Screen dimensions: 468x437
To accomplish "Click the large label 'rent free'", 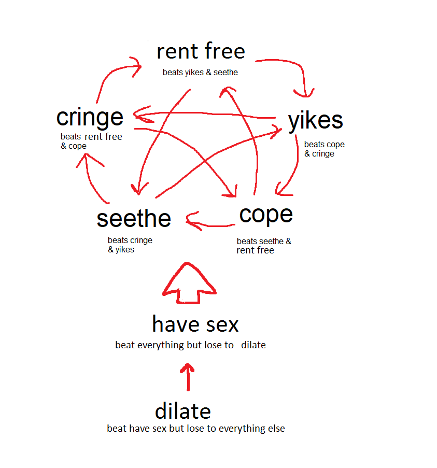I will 201,52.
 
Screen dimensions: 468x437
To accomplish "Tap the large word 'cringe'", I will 90,118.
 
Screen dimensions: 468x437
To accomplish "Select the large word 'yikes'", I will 315,121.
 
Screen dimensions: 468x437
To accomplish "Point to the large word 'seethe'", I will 134,218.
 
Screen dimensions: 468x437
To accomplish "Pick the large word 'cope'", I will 266,214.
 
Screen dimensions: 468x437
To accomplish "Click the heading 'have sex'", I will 195,324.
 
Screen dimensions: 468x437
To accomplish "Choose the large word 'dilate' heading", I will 182,412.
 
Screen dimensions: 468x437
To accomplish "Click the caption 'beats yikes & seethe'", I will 200,73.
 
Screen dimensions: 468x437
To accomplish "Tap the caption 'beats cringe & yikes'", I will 130,245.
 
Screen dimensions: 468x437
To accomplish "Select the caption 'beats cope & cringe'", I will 324,149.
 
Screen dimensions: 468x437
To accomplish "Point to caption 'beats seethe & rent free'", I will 263,246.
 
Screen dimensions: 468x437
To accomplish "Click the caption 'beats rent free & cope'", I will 91,141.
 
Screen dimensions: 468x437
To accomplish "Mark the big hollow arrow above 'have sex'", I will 189,282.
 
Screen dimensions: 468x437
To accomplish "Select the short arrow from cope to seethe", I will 209,224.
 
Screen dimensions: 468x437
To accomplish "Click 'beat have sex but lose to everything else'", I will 195,429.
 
